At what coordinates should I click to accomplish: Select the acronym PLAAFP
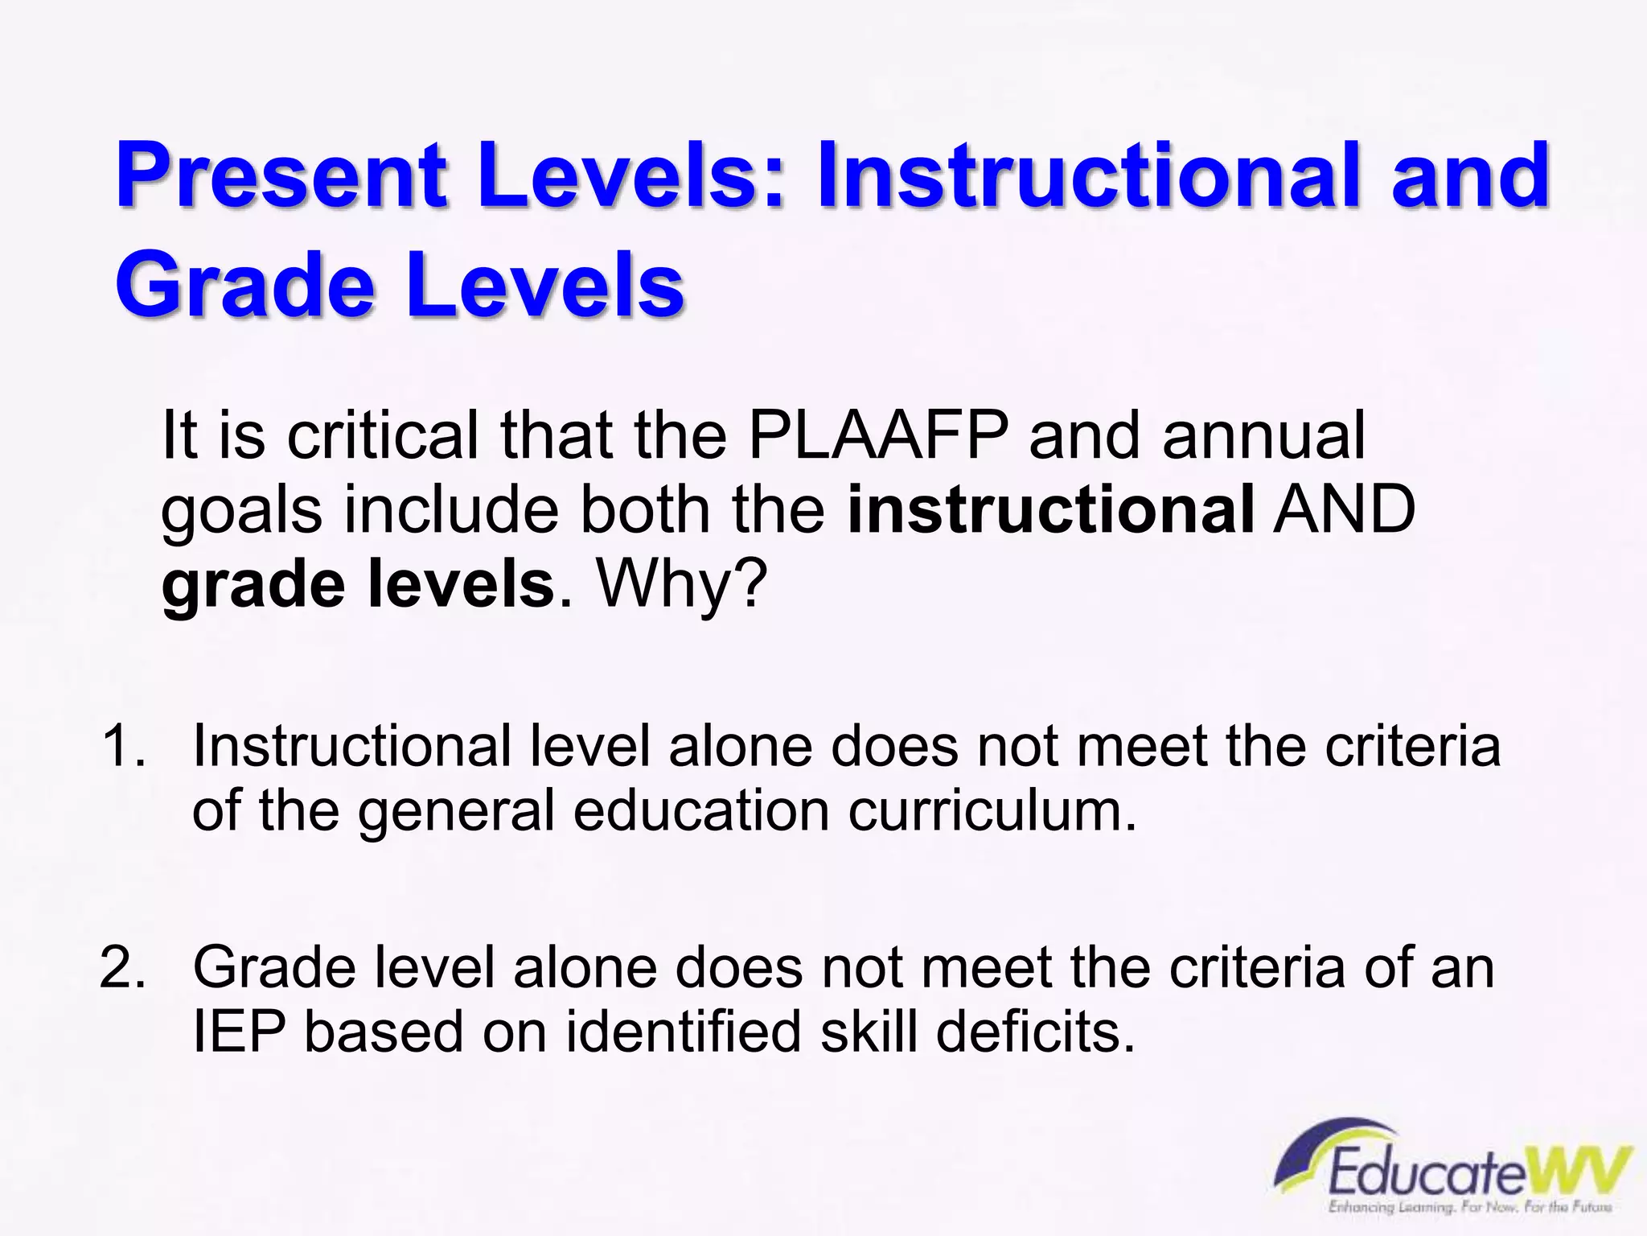878,435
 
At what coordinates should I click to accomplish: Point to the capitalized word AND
1344,509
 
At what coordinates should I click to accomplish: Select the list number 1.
122,746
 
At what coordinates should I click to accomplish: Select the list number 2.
122,967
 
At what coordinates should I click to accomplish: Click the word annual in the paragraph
1263,435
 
